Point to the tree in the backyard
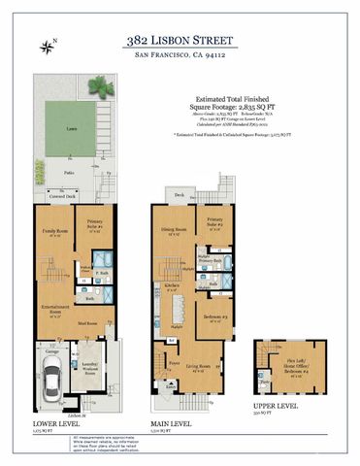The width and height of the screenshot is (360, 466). tap(100, 86)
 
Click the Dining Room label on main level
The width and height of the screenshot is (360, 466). tap(176, 233)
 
